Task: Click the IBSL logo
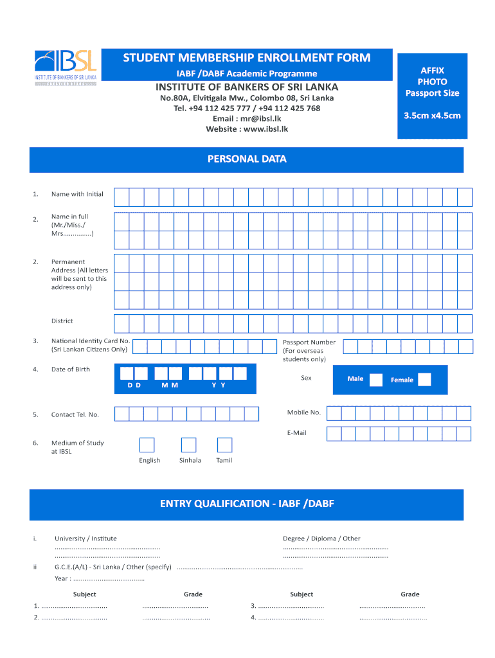click(x=66, y=67)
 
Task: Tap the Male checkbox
click(x=376, y=379)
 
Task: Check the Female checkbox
click(x=424, y=380)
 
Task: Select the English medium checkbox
click(x=147, y=445)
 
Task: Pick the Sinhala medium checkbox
click(x=188, y=445)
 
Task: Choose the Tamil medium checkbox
click(x=224, y=445)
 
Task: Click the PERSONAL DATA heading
click(x=247, y=159)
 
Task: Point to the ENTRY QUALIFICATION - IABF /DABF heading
click(x=247, y=504)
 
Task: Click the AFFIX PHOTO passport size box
click(x=432, y=93)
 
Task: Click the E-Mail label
click(x=296, y=433)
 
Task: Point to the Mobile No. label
click(x=303, y=412)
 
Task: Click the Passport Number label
click(x=309, y=342)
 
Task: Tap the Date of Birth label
click(x=71, y=369)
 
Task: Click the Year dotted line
click(x=109, y=579)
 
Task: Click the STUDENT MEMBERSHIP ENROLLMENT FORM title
click(x=247, y=58)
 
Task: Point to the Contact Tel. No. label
click(x=75, y=414)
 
